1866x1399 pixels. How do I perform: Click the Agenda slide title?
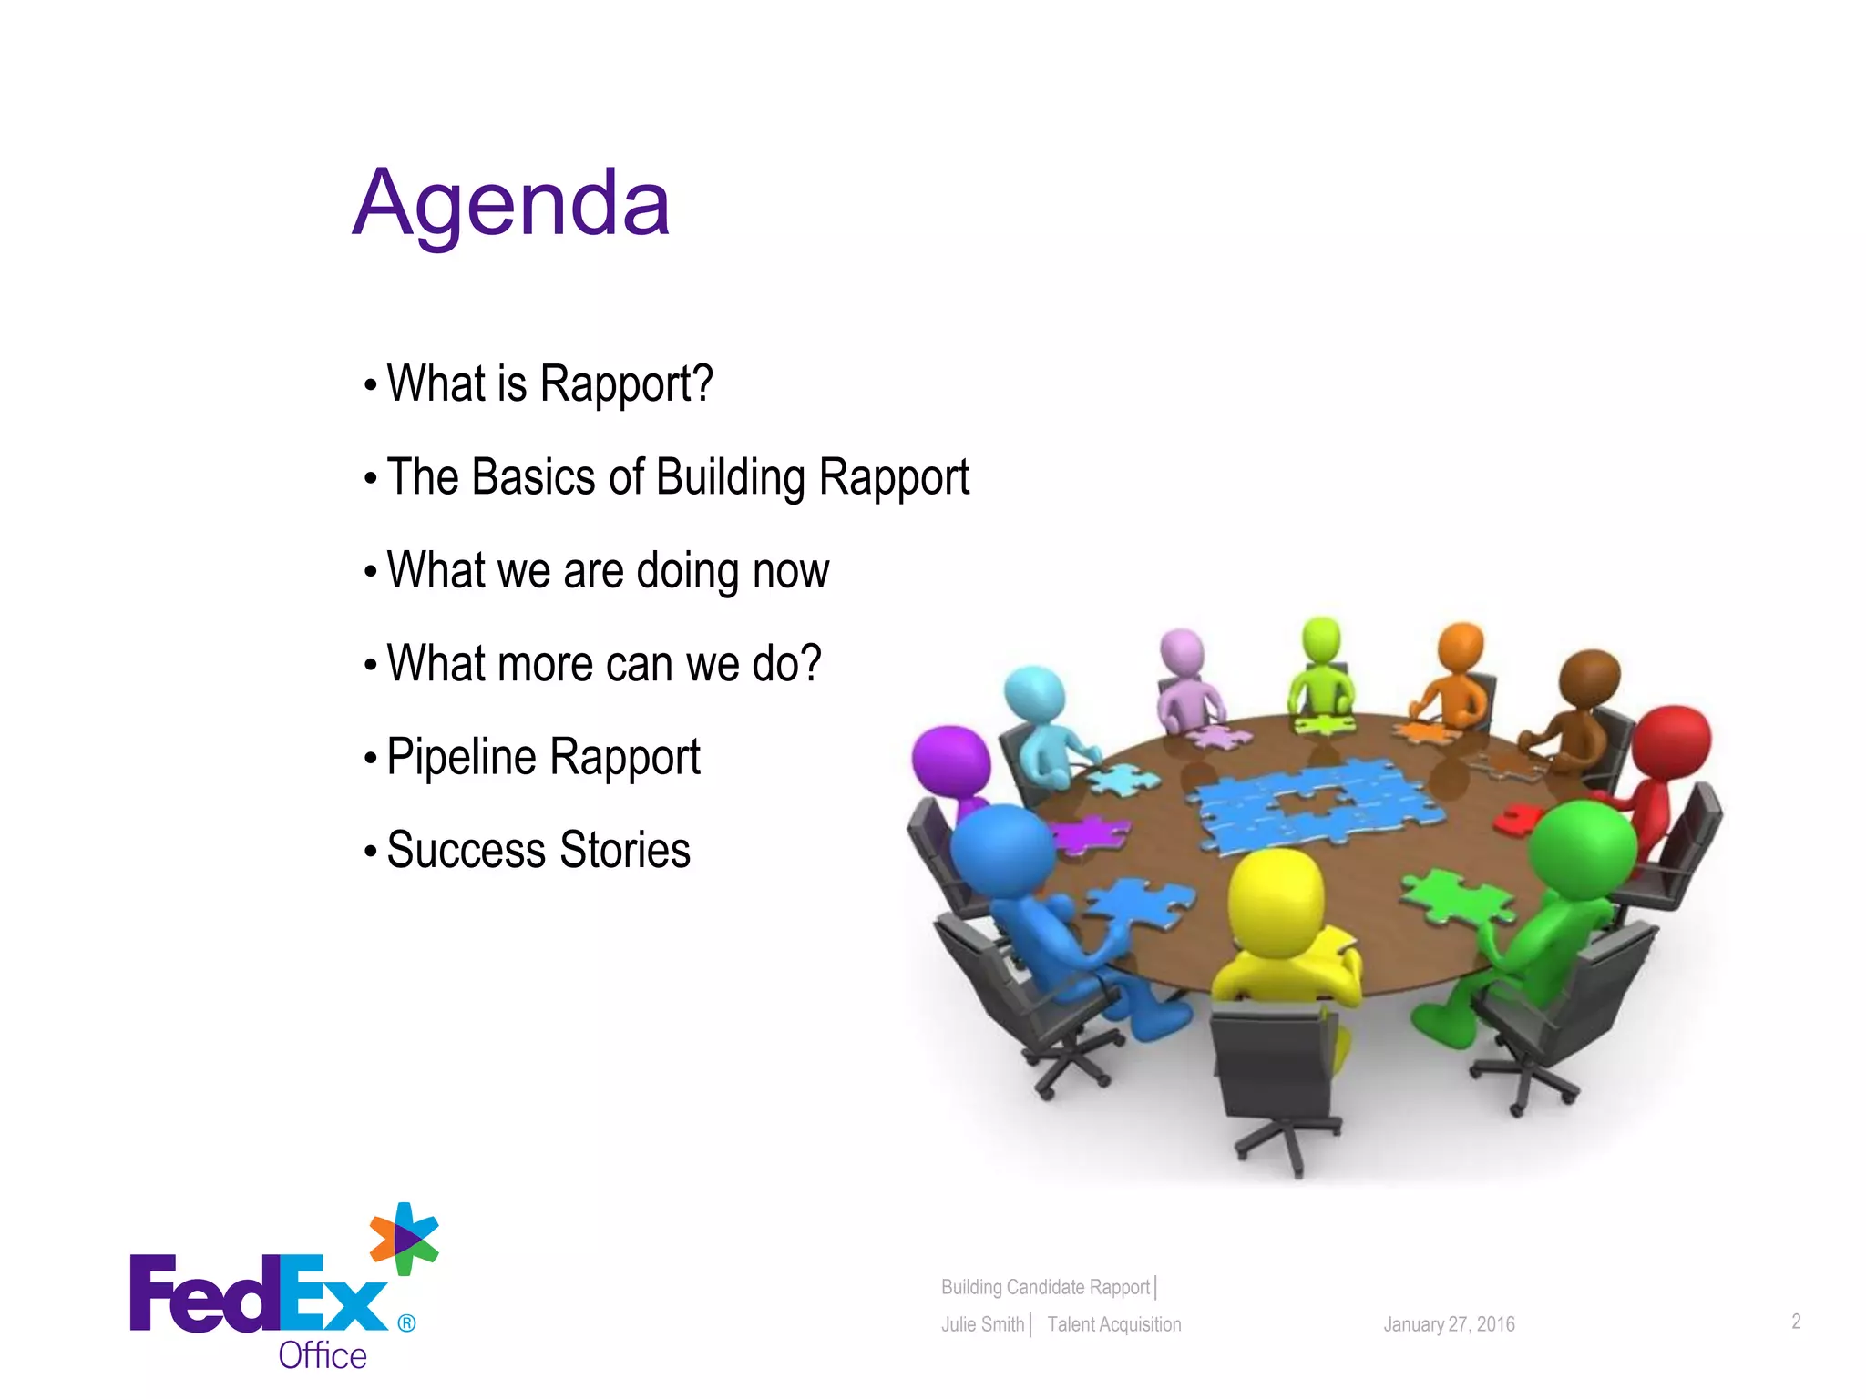511,204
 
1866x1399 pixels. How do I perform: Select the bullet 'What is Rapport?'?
549,383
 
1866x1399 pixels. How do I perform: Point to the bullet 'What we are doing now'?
608,571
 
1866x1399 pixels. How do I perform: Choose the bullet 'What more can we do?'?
603,664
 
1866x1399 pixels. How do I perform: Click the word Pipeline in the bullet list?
461,757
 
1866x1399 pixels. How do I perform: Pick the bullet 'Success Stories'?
538,850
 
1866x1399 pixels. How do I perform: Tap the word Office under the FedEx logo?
323,1355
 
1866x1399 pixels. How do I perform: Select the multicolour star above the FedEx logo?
404,1239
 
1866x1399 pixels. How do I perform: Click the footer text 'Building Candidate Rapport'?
1045,1287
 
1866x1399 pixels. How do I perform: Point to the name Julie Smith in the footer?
982,1324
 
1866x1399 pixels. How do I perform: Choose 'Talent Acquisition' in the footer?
1113,1324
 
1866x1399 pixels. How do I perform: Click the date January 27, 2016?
1449,1324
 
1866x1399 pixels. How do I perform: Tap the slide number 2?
1796,1322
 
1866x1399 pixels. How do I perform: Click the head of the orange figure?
1461,647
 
